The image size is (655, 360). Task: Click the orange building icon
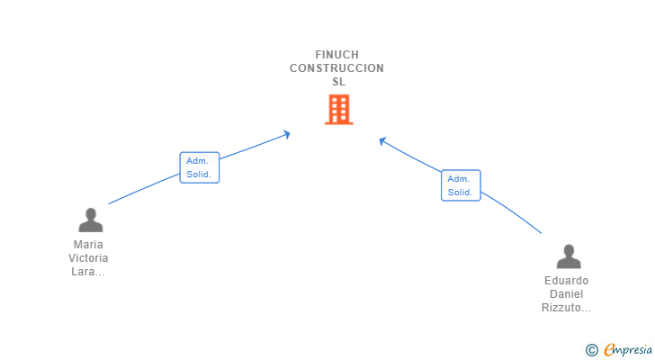pos(338,110)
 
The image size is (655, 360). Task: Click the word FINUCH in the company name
pos(337,55)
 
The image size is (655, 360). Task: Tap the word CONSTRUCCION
pos(337,68)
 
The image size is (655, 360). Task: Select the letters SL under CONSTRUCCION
pos(338,82)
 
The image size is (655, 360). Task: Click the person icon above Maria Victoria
pos(90,220)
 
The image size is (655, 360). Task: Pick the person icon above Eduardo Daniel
pos(568,256)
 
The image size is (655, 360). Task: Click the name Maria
pos(89,245)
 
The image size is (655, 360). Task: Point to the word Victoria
pos(89,258)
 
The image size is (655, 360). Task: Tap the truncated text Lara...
pos(89,272)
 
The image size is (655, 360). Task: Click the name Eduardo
pos(567,281)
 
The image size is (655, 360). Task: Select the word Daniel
pos(567,294)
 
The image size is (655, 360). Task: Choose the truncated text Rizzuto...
pos(567,308)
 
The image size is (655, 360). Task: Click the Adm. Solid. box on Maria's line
pos(199,167)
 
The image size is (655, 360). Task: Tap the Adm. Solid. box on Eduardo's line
pos(461,185)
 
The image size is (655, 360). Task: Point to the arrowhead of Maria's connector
pos(288,134)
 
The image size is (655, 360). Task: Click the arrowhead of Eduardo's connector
pos(382,140)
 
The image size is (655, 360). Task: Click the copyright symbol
pos(591,349)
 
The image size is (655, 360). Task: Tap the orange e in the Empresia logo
pos(610,349)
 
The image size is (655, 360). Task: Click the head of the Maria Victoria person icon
pos(90,214)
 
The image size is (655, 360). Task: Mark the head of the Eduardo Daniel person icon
pos(568,250)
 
